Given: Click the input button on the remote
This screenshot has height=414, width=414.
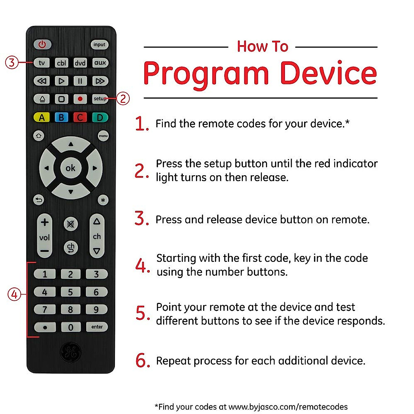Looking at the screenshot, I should tap(99, 45).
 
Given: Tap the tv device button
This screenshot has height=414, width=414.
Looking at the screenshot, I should tap(42, 63).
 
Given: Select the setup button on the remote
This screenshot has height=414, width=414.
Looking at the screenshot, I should tap(100, 99).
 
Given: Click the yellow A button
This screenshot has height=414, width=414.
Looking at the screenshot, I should tap(42, 118).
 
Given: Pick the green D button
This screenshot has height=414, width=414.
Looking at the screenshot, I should tap(100, 118).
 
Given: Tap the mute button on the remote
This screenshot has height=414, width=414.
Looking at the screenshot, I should tap(71, 224).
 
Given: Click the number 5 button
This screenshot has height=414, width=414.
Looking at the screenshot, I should tap(70, 292).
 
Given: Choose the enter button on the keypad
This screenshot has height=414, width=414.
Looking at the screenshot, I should tap(97, 327).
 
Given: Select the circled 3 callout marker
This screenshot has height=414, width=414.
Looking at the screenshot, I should tap(12, 62).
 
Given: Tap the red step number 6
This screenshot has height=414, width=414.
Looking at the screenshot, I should tap(142, 361).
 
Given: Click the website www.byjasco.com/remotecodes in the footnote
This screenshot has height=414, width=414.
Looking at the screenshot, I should tap(288, 407).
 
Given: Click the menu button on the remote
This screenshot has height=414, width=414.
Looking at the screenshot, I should tap(103, 136).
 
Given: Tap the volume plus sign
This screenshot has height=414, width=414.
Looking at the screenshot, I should tap(45, 222).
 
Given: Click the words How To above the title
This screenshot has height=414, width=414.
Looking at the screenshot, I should tap(262, 47).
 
